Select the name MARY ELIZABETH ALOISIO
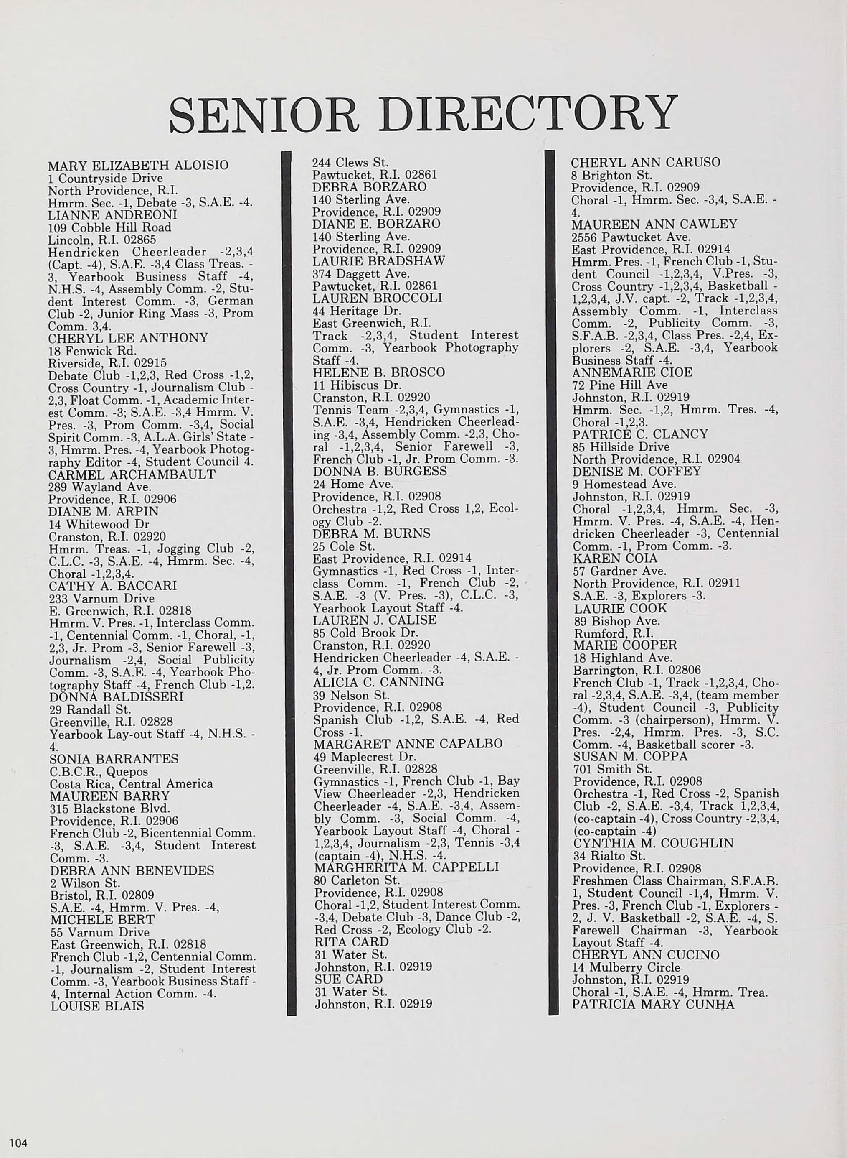coord(138,165)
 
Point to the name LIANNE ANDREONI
coord(112,214)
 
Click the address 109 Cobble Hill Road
coord(109,227)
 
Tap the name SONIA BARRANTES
coord(114,758)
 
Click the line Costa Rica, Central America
coord(131,783)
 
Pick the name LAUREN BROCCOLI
coord(378,298)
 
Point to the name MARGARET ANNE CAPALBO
coord(408,743)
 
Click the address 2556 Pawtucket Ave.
coord(631,237)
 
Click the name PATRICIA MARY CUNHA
coord(653,1005)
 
